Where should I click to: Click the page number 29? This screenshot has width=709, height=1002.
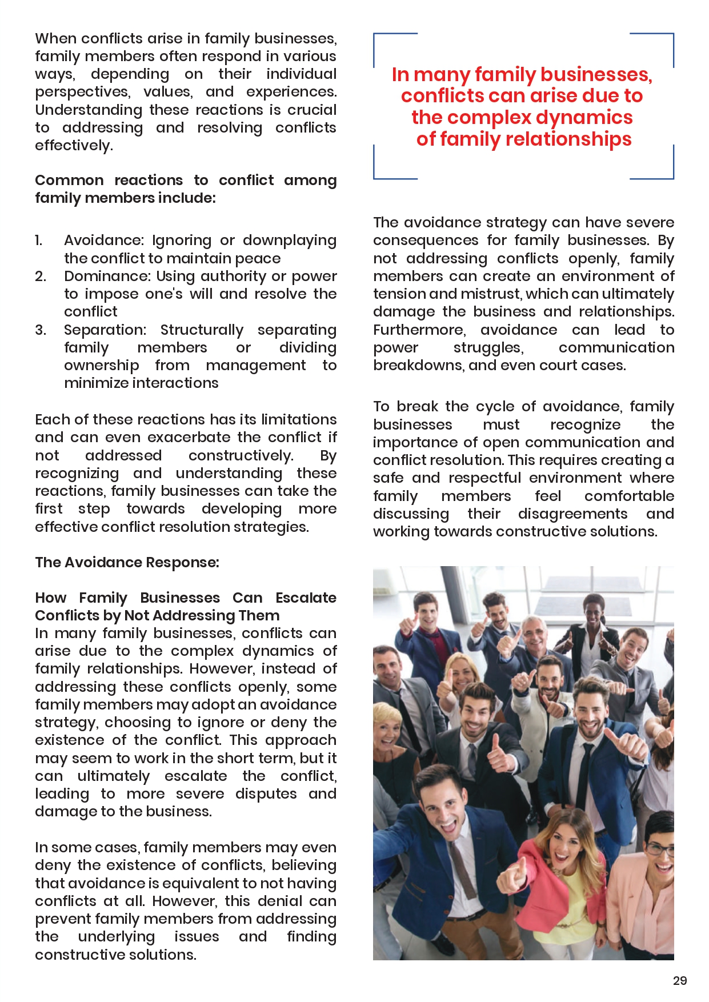click(679, 980)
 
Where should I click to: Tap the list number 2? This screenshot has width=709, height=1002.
click(40, 276)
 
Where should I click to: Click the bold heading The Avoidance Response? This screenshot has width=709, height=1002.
click(127, 563)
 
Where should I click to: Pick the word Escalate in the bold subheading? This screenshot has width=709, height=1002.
click(306, 598)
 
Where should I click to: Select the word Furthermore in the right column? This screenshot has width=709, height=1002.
click(419, 330)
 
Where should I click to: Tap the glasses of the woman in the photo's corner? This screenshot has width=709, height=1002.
click(660, 849)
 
